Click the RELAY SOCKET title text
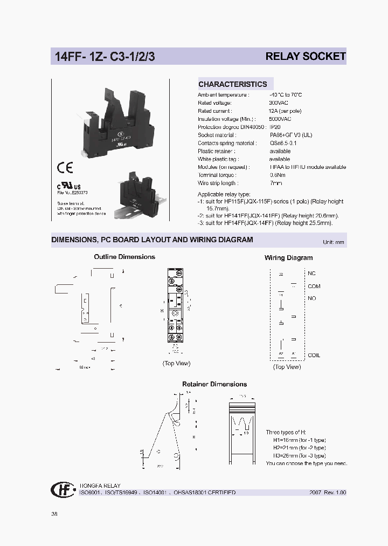click(306, 57)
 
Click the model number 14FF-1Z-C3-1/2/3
click(105, 57)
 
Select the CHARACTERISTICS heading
click(232, 84)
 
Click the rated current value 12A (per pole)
click(285, 111)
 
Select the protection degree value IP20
click(275, 127)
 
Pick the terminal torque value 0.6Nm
click(278, 175)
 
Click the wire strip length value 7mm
click(275, 183)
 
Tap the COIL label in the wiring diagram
click(314, 355)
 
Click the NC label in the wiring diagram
click(311, 274)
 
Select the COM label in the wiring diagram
click(314, 286)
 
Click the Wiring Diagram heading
click(288, 258)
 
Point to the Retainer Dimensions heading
click(214, 384)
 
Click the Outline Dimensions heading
click(124, 257)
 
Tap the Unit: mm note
click(333, 242)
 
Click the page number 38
click(54, 514)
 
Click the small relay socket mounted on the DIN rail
click(141, 193)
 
